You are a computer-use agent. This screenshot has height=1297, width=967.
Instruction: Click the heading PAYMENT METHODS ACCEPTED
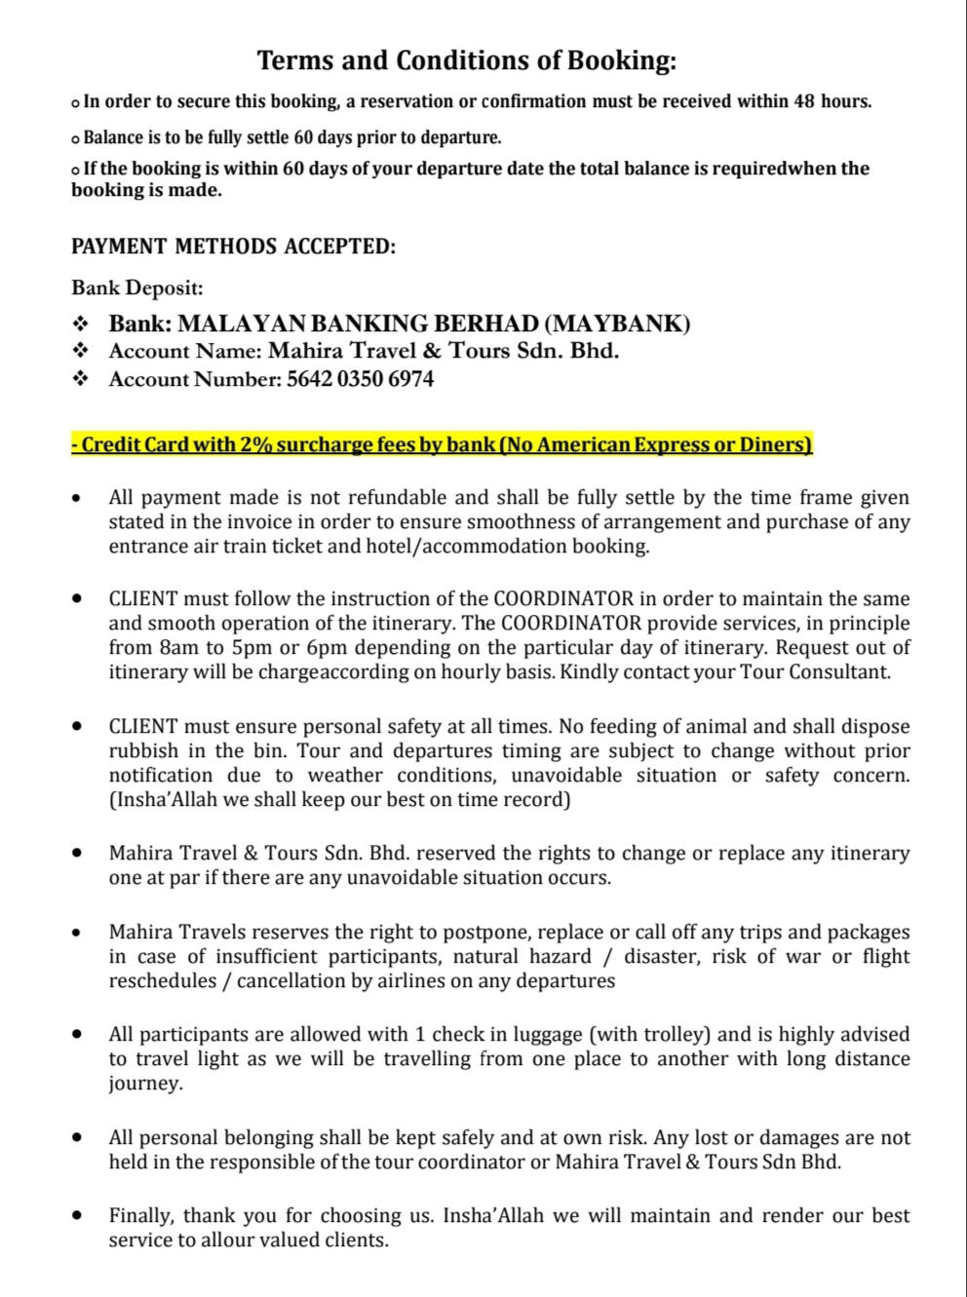234,246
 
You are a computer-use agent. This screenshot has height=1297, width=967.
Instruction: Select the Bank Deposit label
137,287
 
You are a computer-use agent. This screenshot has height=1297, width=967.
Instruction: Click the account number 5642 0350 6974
361,379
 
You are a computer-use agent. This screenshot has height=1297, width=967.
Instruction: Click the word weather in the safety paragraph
341,776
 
